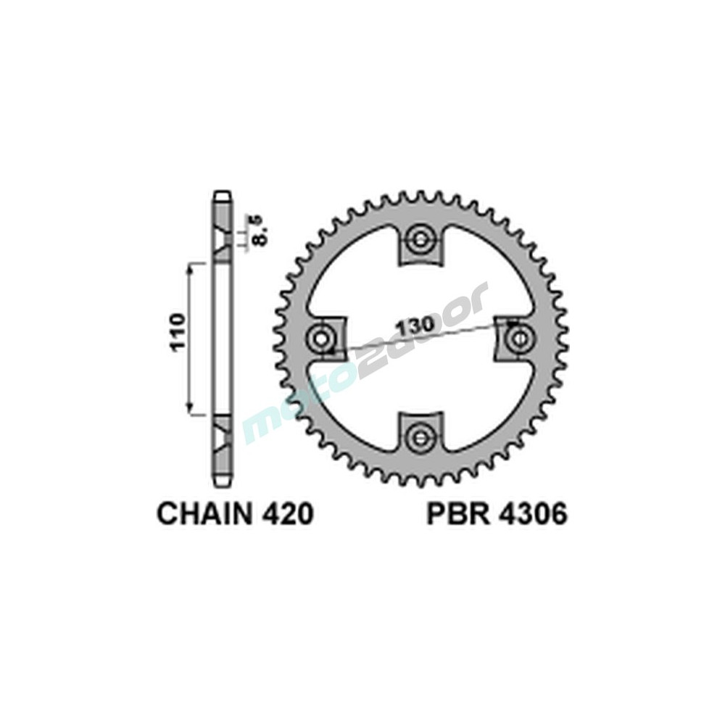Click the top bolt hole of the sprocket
click(x=420, y=241)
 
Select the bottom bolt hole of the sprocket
click(x=420, y=435)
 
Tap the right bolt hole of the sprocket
click(x=518, y=338)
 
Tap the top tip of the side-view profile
click(x=223, y=195)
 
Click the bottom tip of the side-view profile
click(x=223, y=484)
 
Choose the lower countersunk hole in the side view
click(x=223, y=434)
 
